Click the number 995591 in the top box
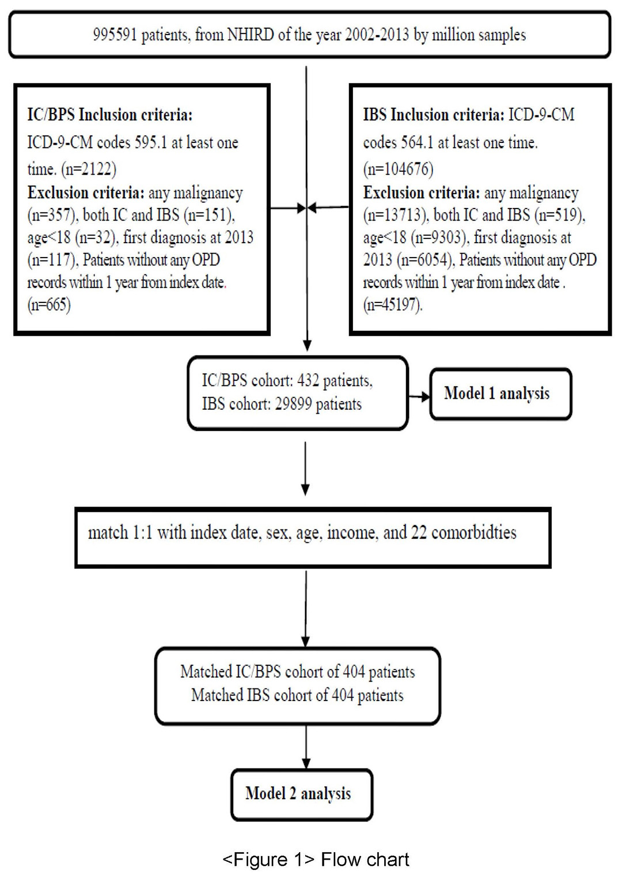pyautogui.click(x=115, y=35)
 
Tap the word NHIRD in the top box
pyautogui.click(x=251, y=35)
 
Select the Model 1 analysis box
pyautogui.click(x=500, y=394)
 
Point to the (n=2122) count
pyautogui.click(x=89, y=169)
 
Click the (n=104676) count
pyautogui.click(x=398, y=169)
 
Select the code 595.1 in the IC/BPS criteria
pyautogui.click(x=150, y=143)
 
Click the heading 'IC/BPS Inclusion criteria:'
pyautogui.click(x=110, y=115)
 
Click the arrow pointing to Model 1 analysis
pyautogui.click(x=419, y=397)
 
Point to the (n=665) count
pyautogui.click(x=49, y=305)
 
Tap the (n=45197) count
pyautogui.click(x=393, y=305)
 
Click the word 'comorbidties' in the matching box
pyautogui.click(x=473, y=533)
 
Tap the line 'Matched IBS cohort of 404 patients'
pyautogui.click(x=297, y=696)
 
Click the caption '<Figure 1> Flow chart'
pyautogui.click(x=316, y=860)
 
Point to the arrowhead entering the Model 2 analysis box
pyautogui.click(x=306, y=763)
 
